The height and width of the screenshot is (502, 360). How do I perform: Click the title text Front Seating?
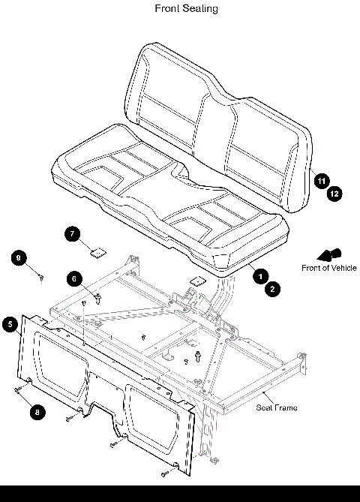pos(187,8)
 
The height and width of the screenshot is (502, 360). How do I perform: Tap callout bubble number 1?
pos(260,276)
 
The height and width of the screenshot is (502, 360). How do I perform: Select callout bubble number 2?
pos(272,288)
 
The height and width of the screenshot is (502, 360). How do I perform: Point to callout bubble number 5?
pos(10,324)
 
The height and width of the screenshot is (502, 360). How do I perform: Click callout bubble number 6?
pos(73,278)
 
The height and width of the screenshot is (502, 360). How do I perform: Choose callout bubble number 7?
pos(72,234)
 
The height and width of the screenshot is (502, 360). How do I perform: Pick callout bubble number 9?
pos(19,258)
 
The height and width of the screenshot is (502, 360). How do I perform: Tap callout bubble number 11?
pos(321,181)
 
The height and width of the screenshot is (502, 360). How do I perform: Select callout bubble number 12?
pos(334,193)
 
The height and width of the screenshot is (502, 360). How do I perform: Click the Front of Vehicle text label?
pos(328,268)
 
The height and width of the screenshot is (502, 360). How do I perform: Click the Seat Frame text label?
pos(277,407)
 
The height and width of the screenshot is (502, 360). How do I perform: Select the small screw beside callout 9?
pos(43,278)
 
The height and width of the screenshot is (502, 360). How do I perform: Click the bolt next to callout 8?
pos(19,390)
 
